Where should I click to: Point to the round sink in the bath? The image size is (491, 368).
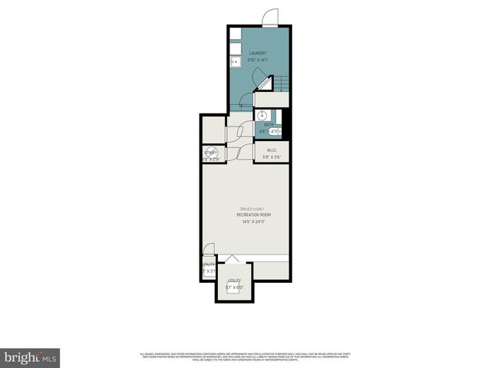tap(262, 114)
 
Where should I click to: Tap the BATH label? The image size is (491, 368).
tap(269, 124)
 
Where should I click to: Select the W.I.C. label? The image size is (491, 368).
tap(272, 150)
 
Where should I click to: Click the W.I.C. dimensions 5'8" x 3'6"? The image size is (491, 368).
tap(272, 157)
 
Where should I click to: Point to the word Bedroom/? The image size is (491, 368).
tap(251, 209)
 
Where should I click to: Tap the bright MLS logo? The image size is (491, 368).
tap(31, 356)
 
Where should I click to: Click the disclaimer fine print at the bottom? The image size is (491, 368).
tap(245, 356)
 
